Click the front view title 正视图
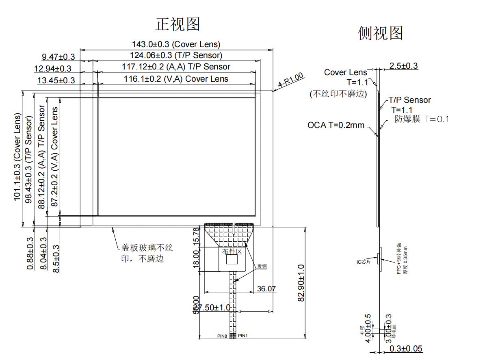pos(177,24)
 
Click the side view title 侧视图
pos(380,33)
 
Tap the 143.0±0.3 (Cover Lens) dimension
pos(176,44)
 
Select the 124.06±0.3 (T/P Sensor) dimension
pos(176,55)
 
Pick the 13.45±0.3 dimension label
pos(56,80)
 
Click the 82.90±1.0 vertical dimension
pos(301,283)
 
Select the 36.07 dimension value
pos(266,289)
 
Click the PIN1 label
pos(242,336)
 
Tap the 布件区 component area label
pos(232,252)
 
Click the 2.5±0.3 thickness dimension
pos(403,66)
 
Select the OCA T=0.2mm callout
pos(336,125)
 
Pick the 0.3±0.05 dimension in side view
pos(406,349)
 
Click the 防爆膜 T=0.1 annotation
pos(422,119)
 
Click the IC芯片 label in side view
pos(364,262)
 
